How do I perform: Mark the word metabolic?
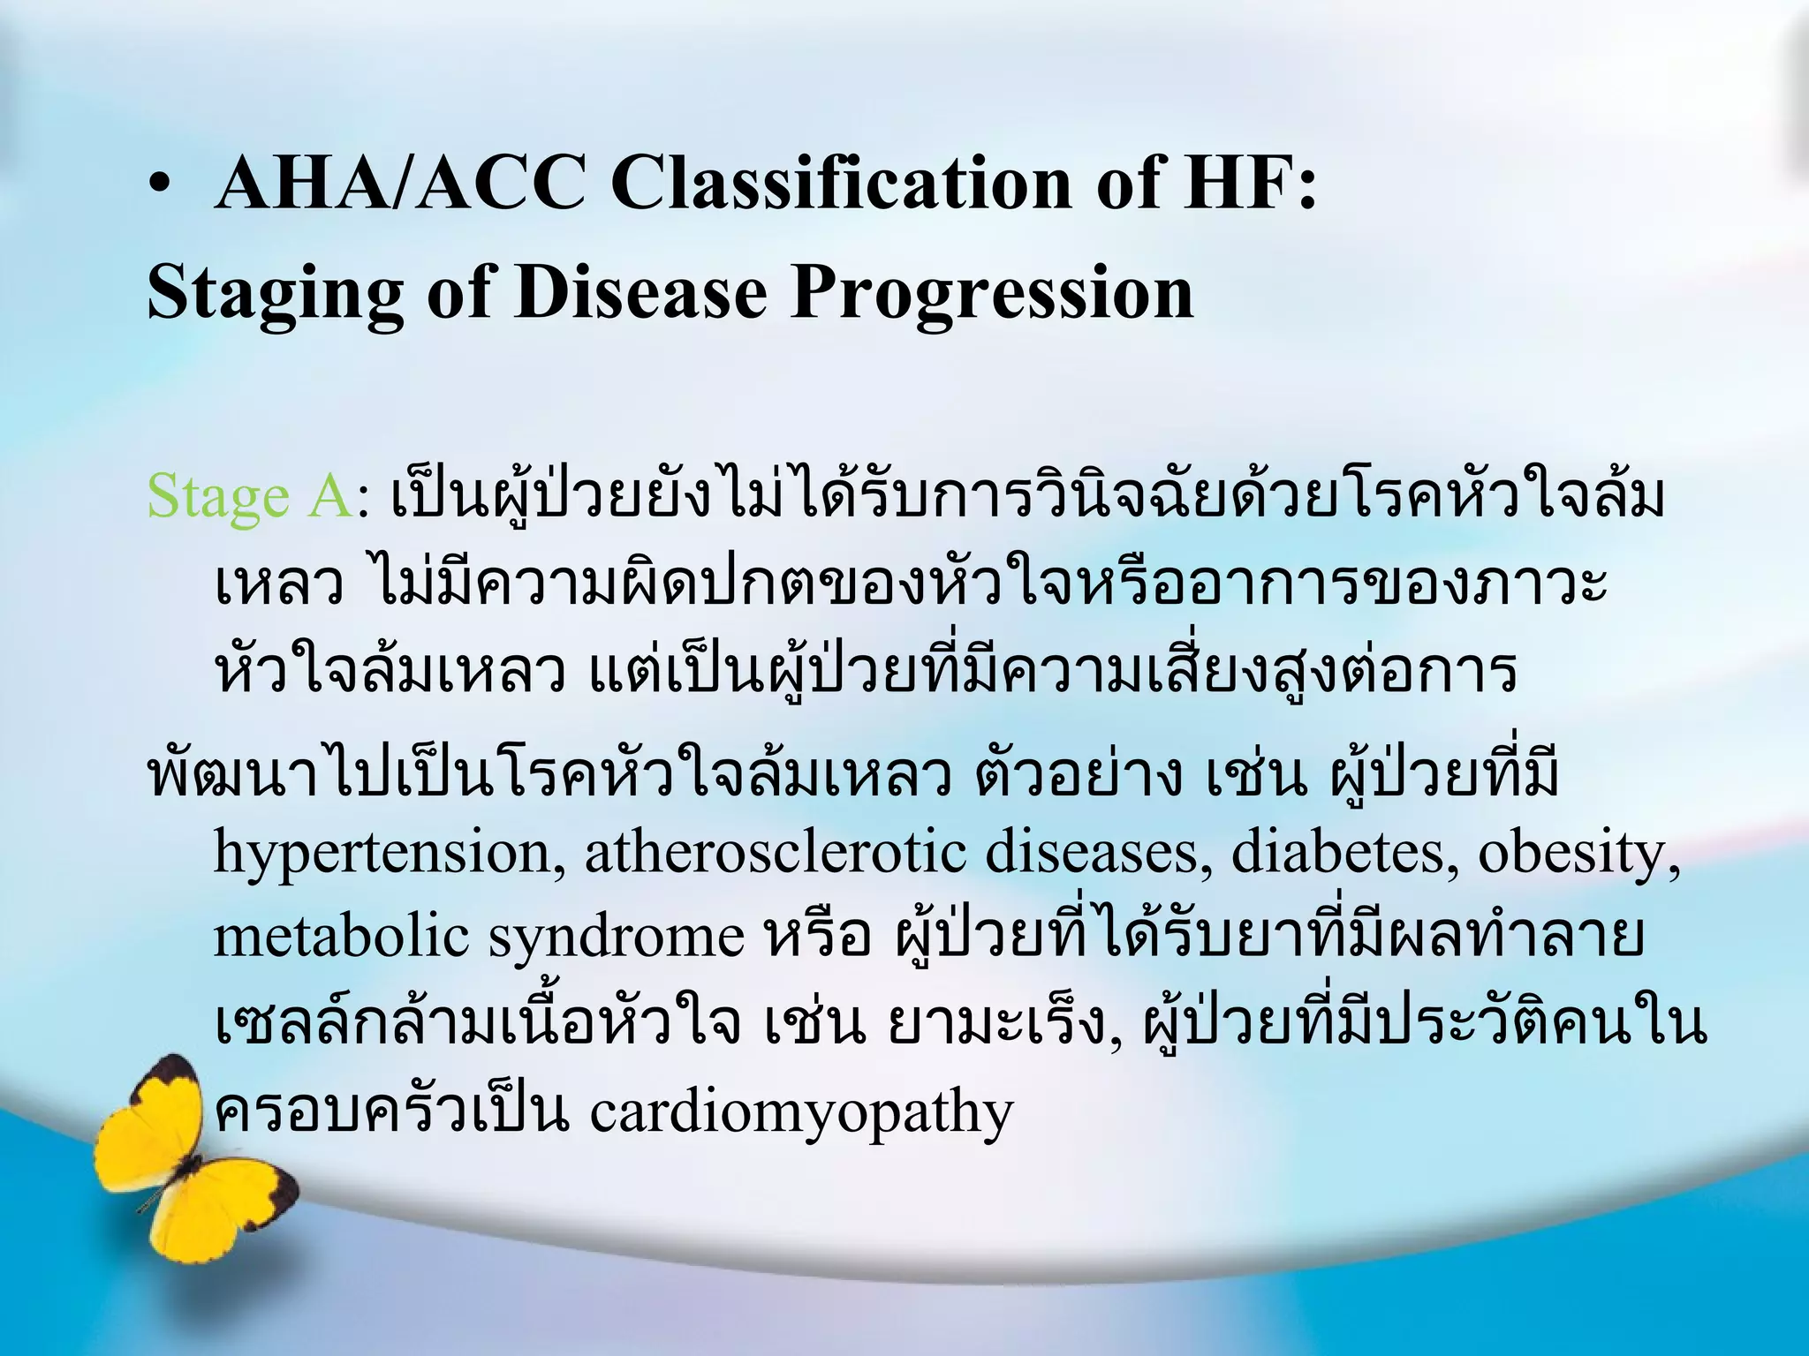(x=340, y=938)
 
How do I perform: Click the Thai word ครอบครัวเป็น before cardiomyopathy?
(x=389, y=1112)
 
